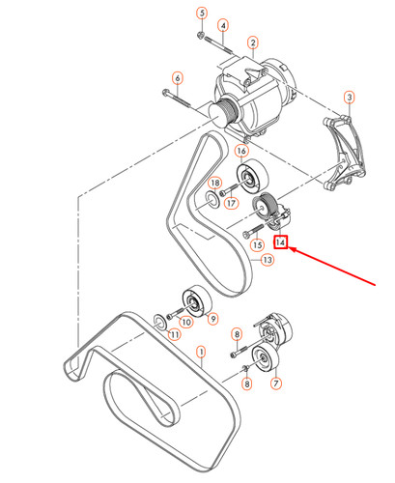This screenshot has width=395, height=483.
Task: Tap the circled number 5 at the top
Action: tap(202, 13)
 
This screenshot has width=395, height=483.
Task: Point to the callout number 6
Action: tap(177, 76)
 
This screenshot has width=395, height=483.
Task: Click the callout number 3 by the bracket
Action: tap(349, 98)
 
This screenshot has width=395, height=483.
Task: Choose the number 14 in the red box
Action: tap(281, 242)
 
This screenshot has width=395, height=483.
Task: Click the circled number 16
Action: tap(241, 152)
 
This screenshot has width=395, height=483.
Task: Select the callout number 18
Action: tap(216, 184)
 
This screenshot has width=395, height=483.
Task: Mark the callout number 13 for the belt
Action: tap(268, 261)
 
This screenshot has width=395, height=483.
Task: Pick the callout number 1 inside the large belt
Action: tap(201, 353)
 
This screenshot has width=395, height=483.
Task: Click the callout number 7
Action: tap(276, 384)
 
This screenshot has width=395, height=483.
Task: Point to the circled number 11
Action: tap(174, 334)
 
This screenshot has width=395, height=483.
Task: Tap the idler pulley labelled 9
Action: tap(189, 299)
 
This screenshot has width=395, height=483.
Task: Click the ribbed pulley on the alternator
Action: tap(226, 112)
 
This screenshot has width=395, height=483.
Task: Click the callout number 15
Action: tap(257, 245)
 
